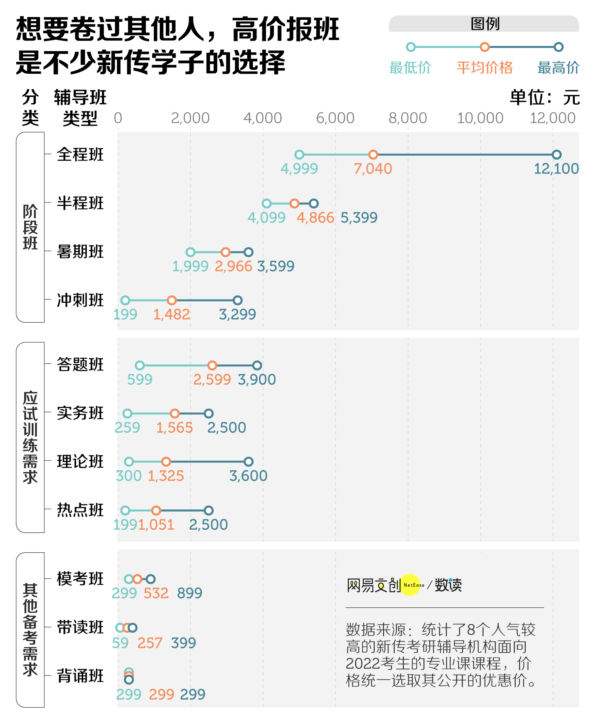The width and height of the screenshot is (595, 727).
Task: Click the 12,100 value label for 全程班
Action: pyautogui.click(x=556, y=169)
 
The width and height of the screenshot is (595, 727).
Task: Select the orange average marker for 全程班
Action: pyautogui.click(x=373, y=155)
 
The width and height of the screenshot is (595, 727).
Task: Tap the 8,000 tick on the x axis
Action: pyautogui.click(x=408, y=118)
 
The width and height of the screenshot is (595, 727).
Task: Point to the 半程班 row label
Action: pyautogui.click(x=80, y=203)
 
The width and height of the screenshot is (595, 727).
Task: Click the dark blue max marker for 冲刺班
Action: pyautogui.click(x=237, y=300)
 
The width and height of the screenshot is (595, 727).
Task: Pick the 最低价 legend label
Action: pyautogui.click(x=410, y=68)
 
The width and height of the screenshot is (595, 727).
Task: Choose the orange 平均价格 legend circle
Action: pyautogui.click(x=484, y=47)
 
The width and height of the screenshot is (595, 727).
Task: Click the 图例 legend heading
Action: pyautogui.click(x=484, y=24)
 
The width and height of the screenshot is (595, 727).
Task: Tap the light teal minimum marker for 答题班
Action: pyautogui.click(x=140, y=365)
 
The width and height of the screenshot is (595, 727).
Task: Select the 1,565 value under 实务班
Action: pyautogui.click(x=174, y=428)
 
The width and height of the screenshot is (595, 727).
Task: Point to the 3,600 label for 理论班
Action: pyautogui.click(x=248, y=476)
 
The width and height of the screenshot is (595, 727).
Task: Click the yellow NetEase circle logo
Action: pyautogui.click(x=411, y=585)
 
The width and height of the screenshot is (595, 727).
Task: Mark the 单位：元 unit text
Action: pyautogui.click(x=545, y=97)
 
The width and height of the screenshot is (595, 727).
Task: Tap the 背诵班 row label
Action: pyautogui.click(x=80, y=676)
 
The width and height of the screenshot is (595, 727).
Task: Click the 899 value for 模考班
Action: pyautogui.click(x=189, y=593)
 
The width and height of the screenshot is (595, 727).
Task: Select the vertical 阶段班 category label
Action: pyautogui.click(x=30, y=227)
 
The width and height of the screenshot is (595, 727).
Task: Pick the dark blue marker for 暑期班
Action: pyautogui.click(x=248, y=252)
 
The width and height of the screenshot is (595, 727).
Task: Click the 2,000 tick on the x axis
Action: pyautogui.click(x=190, y=118)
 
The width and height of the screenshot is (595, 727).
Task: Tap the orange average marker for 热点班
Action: pyautogui.click(x=156, y=510)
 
